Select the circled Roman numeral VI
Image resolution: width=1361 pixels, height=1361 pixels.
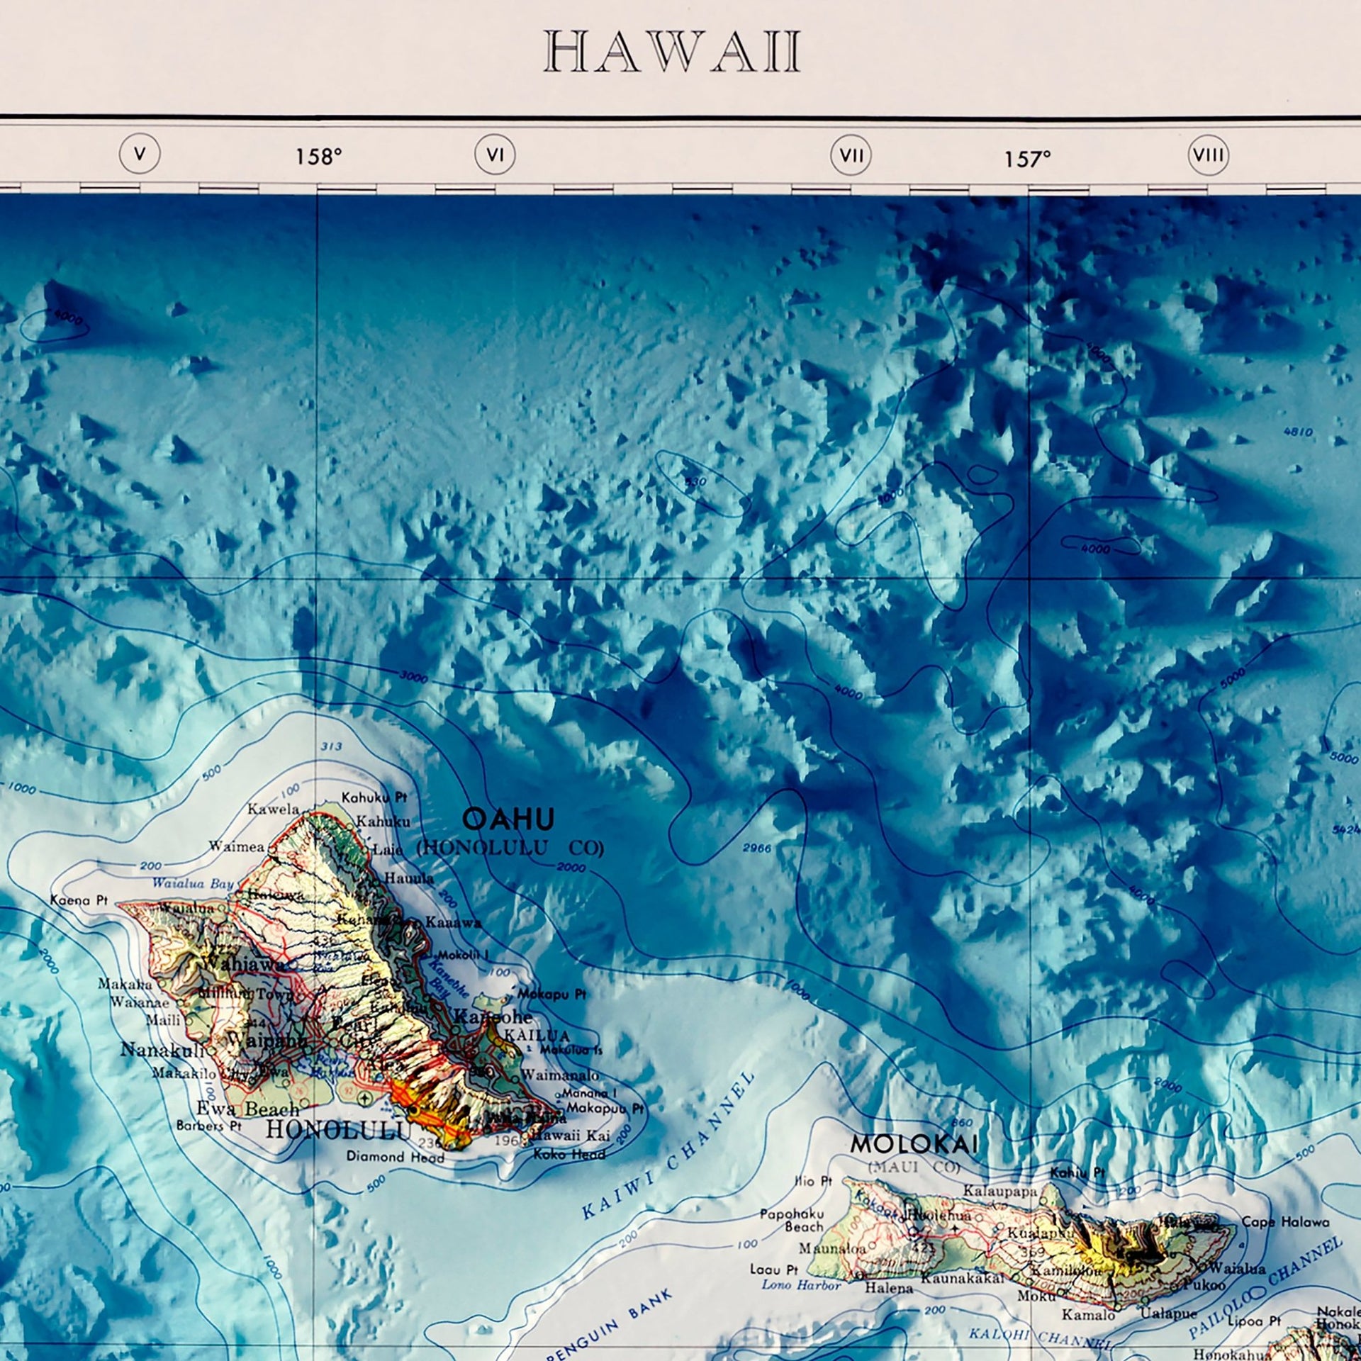point(495,154)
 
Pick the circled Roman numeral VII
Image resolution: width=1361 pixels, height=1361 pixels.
point(851,155)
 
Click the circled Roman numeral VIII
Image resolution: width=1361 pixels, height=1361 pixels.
point(1208,155)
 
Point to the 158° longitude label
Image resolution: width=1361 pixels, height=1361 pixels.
point(318,157)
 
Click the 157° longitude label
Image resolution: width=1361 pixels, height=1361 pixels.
point(1026,159)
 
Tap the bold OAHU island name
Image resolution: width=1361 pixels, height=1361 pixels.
point(508,820)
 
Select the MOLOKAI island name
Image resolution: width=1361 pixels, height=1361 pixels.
point(914,1144)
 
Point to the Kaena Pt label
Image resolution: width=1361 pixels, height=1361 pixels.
point(79,900)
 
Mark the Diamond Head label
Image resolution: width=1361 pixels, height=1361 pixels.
point(395,1157)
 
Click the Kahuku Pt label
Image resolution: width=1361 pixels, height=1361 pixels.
point(374,797)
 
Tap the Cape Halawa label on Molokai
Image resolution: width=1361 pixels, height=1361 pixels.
point(1285,1222)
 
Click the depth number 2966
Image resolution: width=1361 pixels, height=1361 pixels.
point(756,848)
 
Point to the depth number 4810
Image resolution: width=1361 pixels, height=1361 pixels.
point(1298,432)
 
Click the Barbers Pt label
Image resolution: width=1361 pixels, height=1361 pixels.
point(209,1126)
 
